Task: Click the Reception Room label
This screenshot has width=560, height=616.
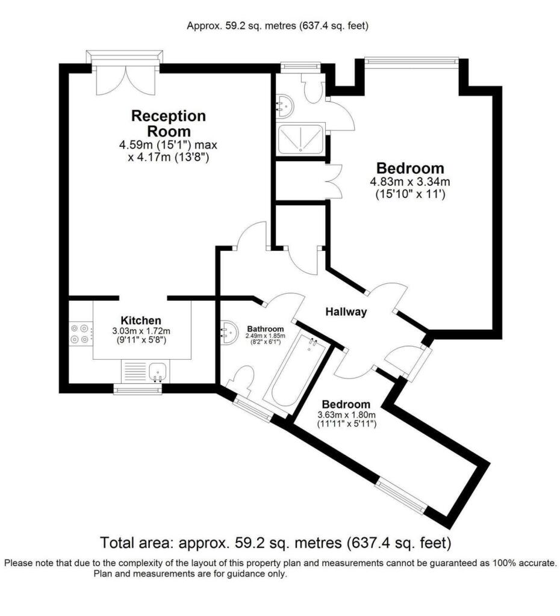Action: click(x=169, y=123)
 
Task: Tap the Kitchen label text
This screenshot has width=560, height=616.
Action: click(x=141, y=320)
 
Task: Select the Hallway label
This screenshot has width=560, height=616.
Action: click(x=346, y=312)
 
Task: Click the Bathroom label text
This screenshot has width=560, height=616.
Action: click(x=266, y=328)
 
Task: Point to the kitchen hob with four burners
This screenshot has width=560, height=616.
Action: click(x=81, y=334)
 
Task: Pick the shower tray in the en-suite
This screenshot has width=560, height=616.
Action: click(x=299, y=141)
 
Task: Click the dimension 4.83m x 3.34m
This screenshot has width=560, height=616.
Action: click(x=410, y=182)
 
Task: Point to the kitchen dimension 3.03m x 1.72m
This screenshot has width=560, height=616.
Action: click(x=141, y=331)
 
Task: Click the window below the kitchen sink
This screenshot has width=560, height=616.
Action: click(x=138, y=390)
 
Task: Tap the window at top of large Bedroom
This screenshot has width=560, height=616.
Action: click(x=411, y=60)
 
